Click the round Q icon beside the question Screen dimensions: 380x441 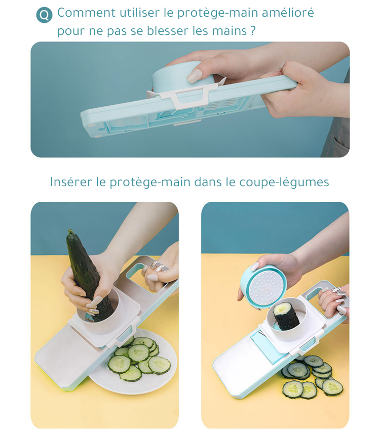44,15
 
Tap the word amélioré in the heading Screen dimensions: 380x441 288,13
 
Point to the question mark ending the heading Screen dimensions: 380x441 253,31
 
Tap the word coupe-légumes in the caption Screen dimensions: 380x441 284,182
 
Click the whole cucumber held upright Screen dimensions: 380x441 87,274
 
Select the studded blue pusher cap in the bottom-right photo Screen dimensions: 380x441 263,287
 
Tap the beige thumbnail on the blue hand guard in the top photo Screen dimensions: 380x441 195,76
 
